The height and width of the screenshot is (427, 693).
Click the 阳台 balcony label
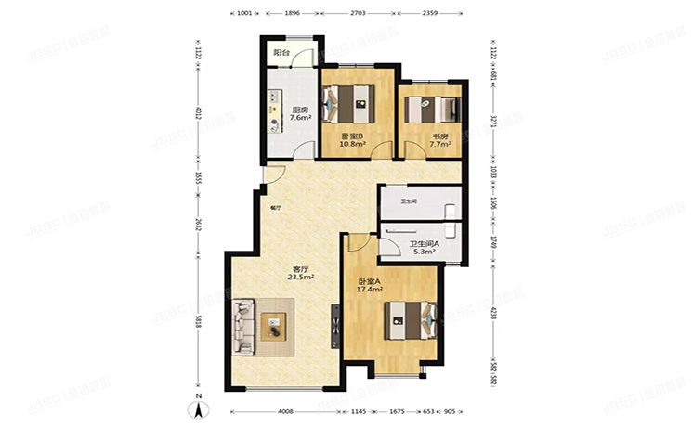tap(280, 54)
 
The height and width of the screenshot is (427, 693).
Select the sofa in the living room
tap(244, 326)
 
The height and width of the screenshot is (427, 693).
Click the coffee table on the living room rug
tap(276, 327)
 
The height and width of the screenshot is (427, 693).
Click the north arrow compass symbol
tap(199, 406)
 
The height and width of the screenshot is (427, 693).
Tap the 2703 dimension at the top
tap(358, 15)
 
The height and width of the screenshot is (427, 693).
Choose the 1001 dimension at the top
tap(244, 15)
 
